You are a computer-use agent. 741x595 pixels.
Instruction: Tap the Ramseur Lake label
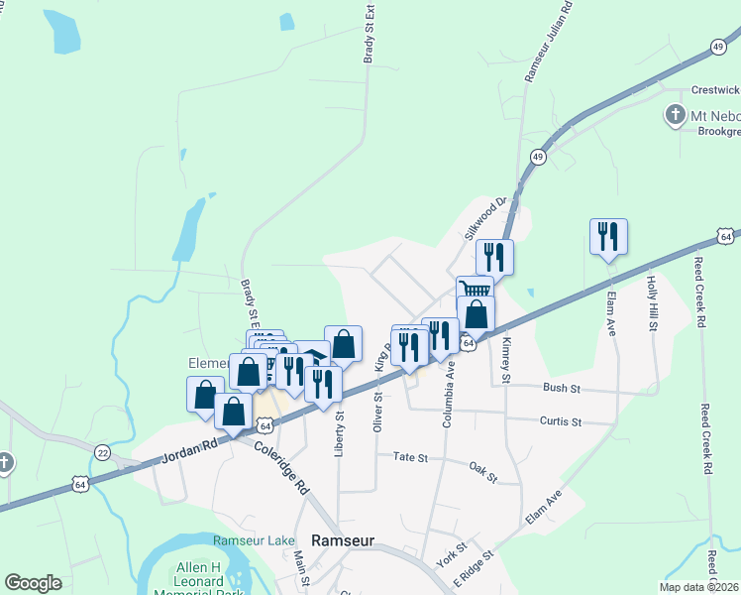tap(255, 539)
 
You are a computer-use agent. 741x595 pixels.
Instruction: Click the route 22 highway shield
tap(103, 453)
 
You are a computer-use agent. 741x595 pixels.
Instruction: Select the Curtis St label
tap(560, 421)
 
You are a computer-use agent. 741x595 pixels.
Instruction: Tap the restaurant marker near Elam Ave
tap(608, 238)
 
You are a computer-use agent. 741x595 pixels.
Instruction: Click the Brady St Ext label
tap(369, 35)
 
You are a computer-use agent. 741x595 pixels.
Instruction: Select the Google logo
tap(33, 583)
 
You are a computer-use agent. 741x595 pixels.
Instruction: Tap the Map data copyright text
tap(700, 585)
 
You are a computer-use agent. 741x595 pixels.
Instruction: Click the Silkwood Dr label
tap(485, 218)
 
